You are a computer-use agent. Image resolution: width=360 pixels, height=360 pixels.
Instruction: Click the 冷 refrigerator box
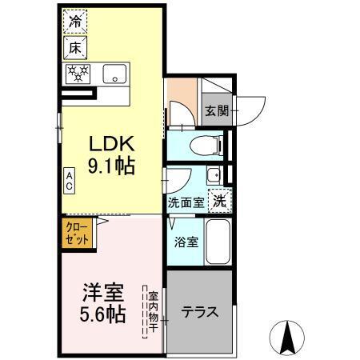75,23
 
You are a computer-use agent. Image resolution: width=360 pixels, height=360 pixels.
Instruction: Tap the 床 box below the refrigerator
76,47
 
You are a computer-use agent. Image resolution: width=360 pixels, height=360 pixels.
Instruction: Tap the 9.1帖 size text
110,167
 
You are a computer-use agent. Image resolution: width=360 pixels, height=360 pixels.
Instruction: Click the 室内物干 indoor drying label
153,307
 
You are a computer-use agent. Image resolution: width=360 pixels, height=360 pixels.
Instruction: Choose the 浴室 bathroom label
186,241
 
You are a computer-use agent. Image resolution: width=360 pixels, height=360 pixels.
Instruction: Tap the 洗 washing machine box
218,202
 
